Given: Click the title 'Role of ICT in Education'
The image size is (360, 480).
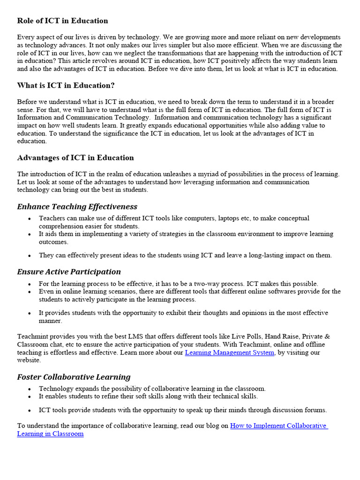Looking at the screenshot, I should pyautogui.click(x=62, y=21).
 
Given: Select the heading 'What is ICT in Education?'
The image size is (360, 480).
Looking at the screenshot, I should pyautogui.click(x=66, y=85).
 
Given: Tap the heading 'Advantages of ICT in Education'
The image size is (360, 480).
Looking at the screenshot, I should pyautogui.click(x=75, y=157).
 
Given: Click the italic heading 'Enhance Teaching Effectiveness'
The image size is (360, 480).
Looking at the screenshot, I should pyautogui.click(x=77, y=207).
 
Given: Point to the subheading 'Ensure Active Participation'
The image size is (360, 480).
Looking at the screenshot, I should pyautogui.click(x=69, y=272).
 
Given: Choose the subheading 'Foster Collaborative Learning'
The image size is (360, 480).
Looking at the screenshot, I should pyautogui.click(x=74, y=377).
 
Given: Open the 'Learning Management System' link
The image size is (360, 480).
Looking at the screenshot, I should pyautogui.click(x=230, y=352).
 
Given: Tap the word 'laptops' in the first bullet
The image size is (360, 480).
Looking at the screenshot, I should pyautogui.click(x=230, y=218).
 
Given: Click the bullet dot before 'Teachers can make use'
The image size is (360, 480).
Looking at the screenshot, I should pyautogui.click(x=30, y=218).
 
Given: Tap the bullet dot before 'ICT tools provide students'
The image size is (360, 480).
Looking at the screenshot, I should pyautogui.click(x=30, y=410).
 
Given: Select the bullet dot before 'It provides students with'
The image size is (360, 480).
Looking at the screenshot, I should pyautogui.click(x=30, y=313).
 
